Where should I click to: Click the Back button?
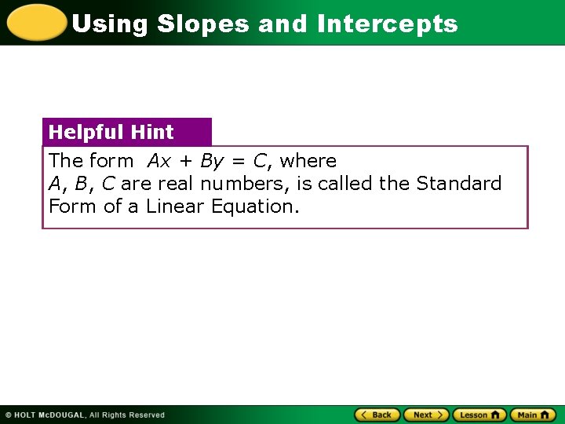377,415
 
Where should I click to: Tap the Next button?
426,415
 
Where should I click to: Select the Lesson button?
479,415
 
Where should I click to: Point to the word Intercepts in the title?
387,24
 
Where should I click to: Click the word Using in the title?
110,24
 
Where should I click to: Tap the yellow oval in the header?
35,22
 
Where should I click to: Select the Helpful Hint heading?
111,132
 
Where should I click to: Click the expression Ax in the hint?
159,161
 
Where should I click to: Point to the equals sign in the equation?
238,162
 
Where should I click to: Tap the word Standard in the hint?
459,184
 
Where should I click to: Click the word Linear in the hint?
176,207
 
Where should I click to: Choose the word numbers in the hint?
244,184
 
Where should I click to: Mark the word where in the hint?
308,161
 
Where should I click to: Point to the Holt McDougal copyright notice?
85,415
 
